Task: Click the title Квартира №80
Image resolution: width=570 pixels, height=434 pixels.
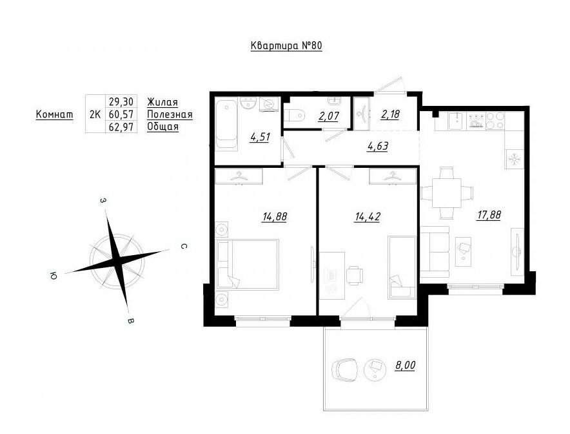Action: (x=286, y=46)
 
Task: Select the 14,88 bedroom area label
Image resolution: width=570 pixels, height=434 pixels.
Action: (x=275, y=217)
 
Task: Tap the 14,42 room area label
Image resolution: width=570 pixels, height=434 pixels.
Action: (x=368, y=217)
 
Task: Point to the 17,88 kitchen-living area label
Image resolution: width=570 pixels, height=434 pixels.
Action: (x=489, y=215)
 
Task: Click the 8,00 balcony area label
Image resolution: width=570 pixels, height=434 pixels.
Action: (x=406, y=365)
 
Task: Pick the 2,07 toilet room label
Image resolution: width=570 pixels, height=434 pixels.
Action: (x=329, y=116)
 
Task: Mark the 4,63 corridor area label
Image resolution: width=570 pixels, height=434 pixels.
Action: (x=378, y=147)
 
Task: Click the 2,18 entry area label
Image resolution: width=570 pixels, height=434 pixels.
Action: (x=390, y=114)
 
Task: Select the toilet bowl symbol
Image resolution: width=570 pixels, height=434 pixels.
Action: (x=294, y=116)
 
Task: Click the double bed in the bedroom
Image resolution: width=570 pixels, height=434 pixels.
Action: (x=248, y=264)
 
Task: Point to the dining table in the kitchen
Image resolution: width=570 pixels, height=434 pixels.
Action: (x=447, y=193)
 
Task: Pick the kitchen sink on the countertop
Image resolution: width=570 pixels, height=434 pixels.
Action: (x=455, y=121)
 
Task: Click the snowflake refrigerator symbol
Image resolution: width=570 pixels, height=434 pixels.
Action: (x=514, y=159)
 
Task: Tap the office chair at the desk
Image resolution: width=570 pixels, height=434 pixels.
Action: (x=355, y=275)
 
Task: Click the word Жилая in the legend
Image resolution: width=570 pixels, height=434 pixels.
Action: (x=162, y=102)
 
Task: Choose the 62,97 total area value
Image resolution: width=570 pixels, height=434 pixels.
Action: (x=121, y=127)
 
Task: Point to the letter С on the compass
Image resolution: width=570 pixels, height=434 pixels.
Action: (x=184, y=247)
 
